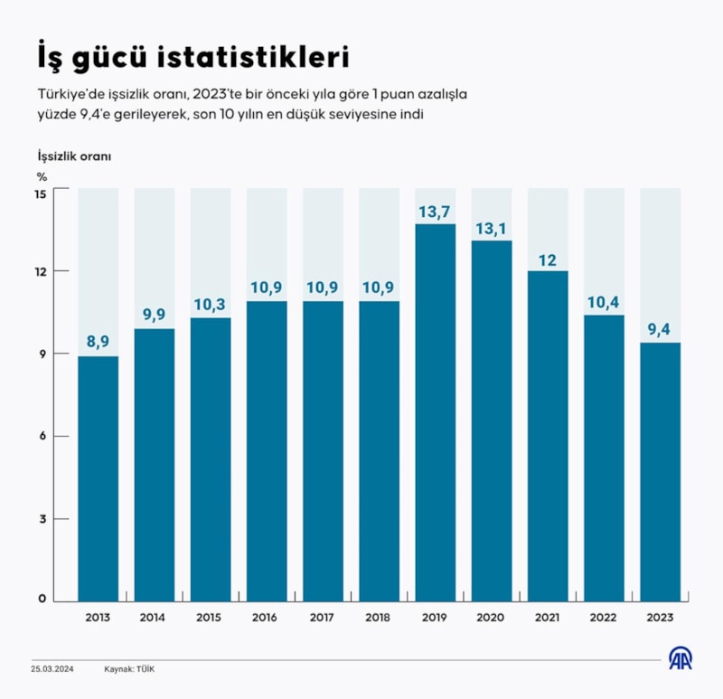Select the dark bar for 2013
(x=99, y=478)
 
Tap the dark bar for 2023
(x=660, y=471)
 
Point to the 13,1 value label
(x=491, y=229)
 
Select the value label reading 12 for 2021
(x=547, y=260)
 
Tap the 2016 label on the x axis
(x=267, y=618)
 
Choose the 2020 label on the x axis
(x=491, y=618)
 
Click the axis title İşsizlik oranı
(x=74, y=156)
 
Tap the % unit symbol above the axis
(x=42, y=176)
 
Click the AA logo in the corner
(x=680, y=659)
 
